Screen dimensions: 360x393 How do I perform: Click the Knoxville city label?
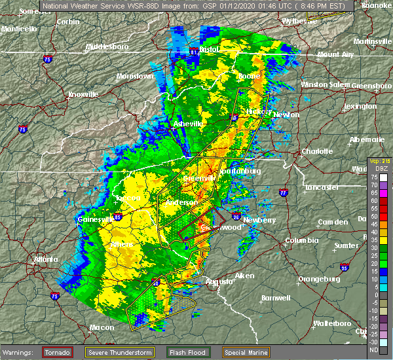pos(84,94)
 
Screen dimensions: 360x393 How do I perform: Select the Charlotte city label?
pos(317,152)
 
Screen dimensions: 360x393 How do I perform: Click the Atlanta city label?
pos(46,259)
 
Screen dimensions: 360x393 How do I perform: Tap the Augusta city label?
pos(219,281)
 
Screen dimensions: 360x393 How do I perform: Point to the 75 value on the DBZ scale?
pos(373,177)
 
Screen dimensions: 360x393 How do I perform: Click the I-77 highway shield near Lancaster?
pos(284,193)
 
